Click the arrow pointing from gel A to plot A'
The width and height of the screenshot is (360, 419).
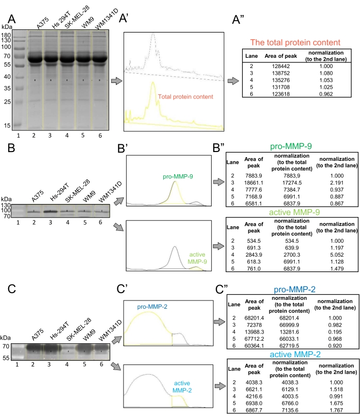click(117, 80)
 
